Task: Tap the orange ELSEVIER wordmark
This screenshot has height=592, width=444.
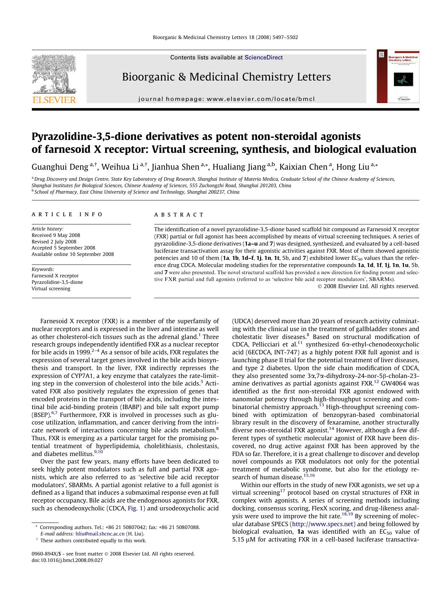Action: pos(54,100)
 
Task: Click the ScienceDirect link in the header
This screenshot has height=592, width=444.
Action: pos(264,58)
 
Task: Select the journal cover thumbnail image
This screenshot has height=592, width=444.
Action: pos(398,77)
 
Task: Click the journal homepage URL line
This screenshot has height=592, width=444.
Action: pos(226,99)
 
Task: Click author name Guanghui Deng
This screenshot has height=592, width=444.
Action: pos(60,167)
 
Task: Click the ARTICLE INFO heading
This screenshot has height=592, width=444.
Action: pos(67,214)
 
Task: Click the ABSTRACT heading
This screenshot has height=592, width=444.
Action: pos(179,215)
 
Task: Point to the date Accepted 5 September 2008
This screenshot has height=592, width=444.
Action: pos(63,248)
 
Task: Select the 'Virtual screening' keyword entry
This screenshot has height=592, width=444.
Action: pos(51,288)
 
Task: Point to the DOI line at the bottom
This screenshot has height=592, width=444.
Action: pos(67,560)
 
